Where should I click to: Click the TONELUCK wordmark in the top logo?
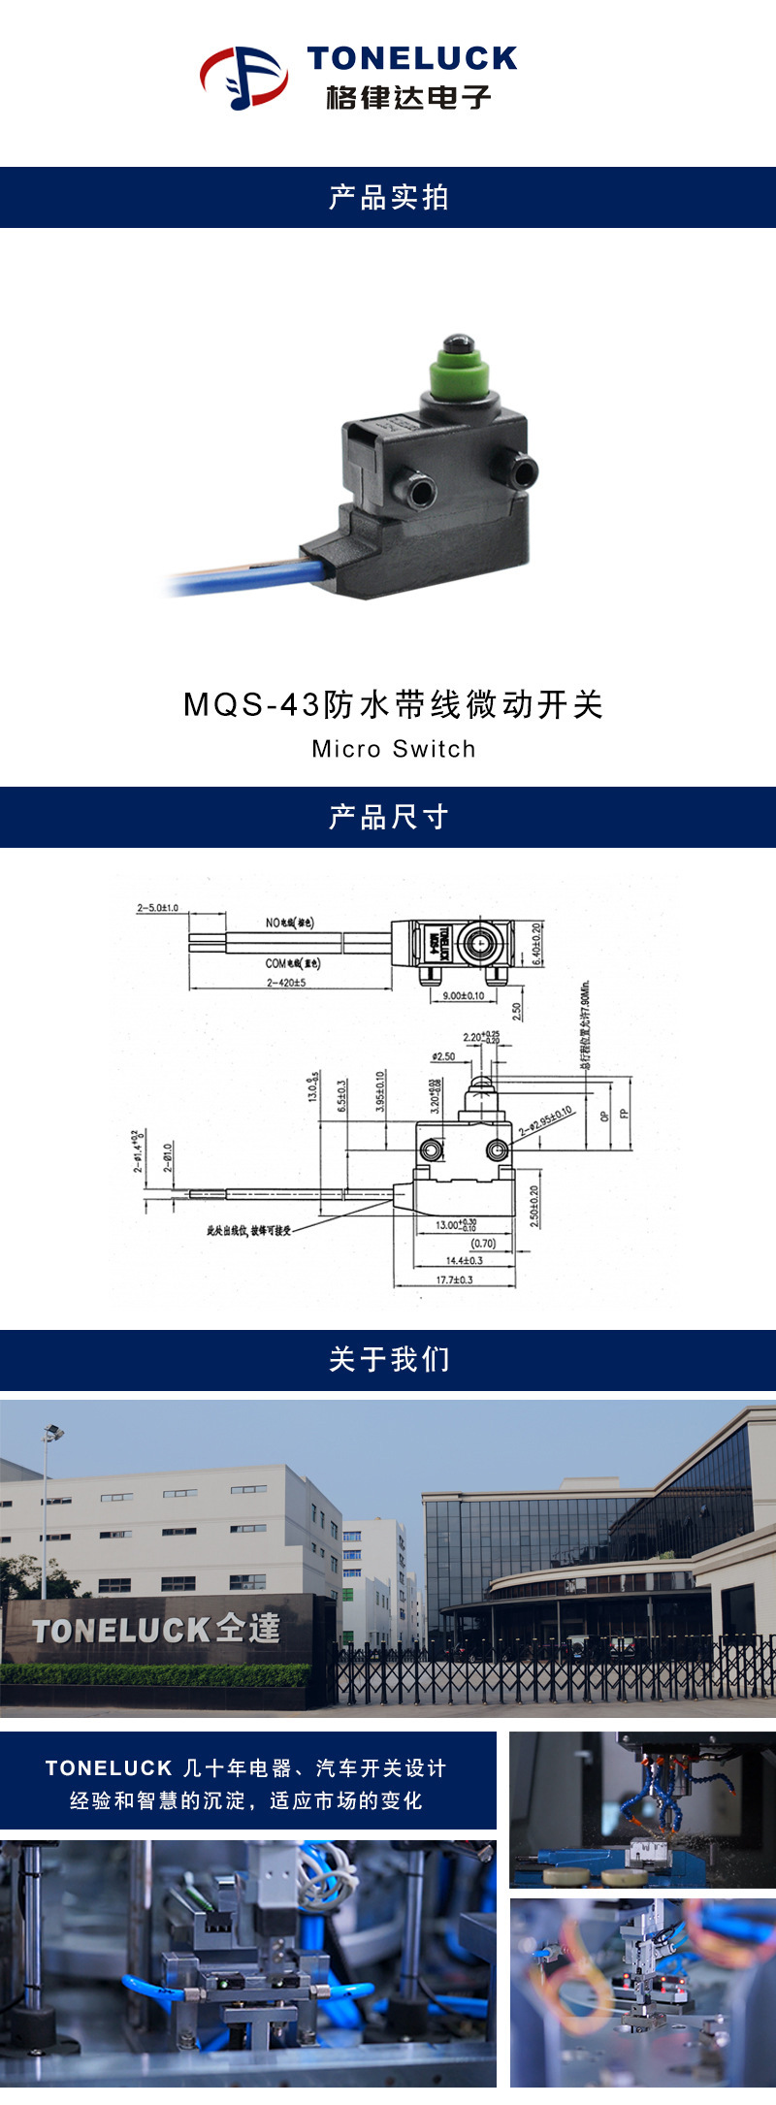coord(412,59)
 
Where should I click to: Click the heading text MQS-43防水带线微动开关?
coord(393,704)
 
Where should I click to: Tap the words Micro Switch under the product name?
coord(394,749)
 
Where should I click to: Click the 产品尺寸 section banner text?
coord(388,817)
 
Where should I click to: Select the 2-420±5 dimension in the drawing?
coord(286,983)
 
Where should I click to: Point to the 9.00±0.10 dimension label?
coord(463,996)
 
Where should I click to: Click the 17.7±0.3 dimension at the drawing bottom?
coord(454,1279)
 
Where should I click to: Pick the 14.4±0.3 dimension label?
coord(464,1260)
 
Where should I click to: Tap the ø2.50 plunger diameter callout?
coord(443,1056)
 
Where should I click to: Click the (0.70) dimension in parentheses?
coord(483,1243)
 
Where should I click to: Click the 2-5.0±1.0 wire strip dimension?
coord(157,908)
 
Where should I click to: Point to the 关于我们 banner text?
coord(388,1359)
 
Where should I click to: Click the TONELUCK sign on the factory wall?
coord(155,1630)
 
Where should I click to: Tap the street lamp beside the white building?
coord(51,1434)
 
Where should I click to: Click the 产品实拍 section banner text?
coord(388,197)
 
